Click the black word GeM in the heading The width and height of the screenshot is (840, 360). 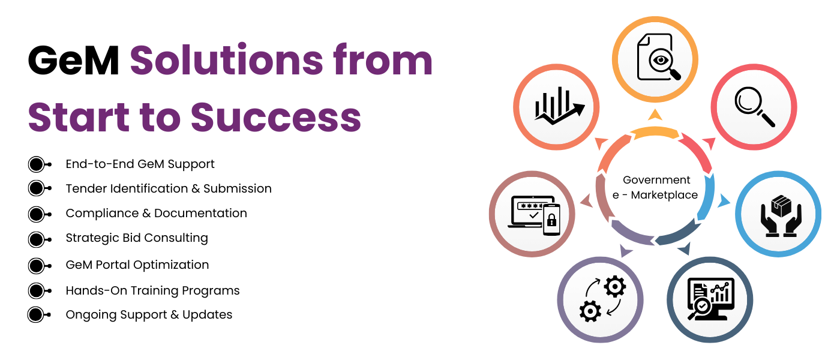point(73,61)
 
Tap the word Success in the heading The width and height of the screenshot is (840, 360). point(276,118)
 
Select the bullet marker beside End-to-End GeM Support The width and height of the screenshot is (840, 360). point(40,164)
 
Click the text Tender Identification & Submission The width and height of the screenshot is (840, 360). point(169,188)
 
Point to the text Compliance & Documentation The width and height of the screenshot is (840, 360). point(157,213)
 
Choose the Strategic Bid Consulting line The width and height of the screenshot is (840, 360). point(137,238)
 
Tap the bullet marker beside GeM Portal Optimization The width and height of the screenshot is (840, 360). point(40,266)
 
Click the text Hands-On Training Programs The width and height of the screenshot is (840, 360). point(152,290)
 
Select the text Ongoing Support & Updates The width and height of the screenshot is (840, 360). point(149,314)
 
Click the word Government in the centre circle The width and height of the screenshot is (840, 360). point(656,180)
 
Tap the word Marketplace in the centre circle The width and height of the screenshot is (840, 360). point(664,195)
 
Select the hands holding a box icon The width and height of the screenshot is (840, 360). point(781,216)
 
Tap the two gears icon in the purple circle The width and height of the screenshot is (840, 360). point(602,299)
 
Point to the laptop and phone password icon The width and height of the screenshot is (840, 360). point(533,215)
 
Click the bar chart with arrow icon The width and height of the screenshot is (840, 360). point(559,106)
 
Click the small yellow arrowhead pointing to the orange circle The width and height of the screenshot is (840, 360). point(655,115)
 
